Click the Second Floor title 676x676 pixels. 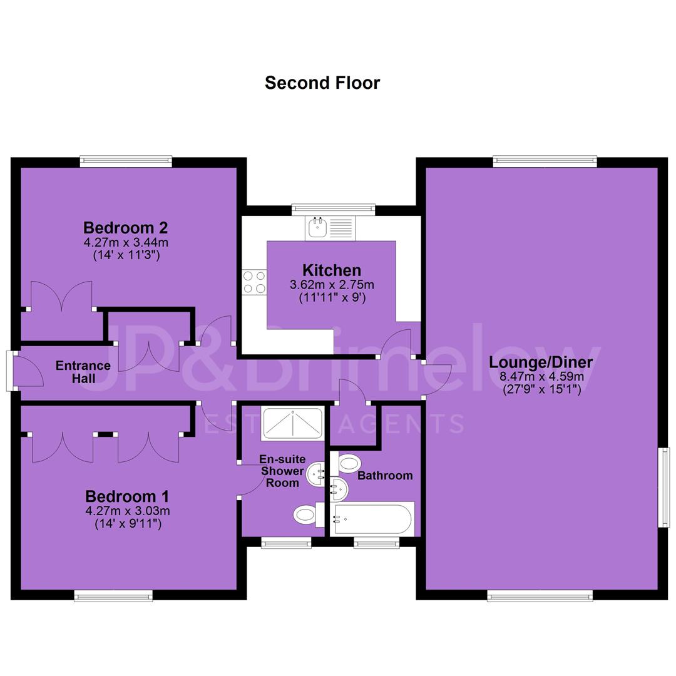[x=322, y=83]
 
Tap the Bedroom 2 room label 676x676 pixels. [x=125, y=228]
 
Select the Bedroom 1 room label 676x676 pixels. [x=127, y=496]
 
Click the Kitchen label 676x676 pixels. [x=332, y=270]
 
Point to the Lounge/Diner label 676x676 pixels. [x=541, y=362]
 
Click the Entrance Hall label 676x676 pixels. [x=83, y=372]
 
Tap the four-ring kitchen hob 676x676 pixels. [x=254, y=282]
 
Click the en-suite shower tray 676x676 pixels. [x=292, y=424]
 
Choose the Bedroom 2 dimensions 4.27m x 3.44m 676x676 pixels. [x=126, y=242]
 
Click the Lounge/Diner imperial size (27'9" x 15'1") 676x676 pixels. [x=542, y=389]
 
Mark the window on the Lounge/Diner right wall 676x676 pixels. [x=664, y=487]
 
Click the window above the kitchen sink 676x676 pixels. [x=333, y=210]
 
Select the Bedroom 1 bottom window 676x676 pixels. [x=113, y=595]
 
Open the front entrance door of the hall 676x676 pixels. [x=26, y=371]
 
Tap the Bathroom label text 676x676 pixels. [x=385, y=476]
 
